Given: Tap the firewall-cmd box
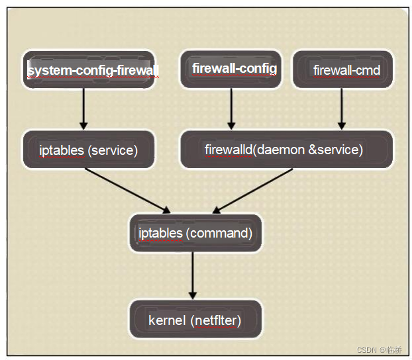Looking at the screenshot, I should [x=342, y=69].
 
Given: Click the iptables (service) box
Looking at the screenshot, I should [x=89, y=150].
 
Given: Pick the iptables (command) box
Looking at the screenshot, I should [x=195, y=233].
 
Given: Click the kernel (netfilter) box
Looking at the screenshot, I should [x=195, y=321].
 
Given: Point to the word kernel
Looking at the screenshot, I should [x=167, y=321].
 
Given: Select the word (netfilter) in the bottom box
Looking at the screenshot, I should [x=216, y=321].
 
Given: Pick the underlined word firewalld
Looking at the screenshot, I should [x=228, y=150].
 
